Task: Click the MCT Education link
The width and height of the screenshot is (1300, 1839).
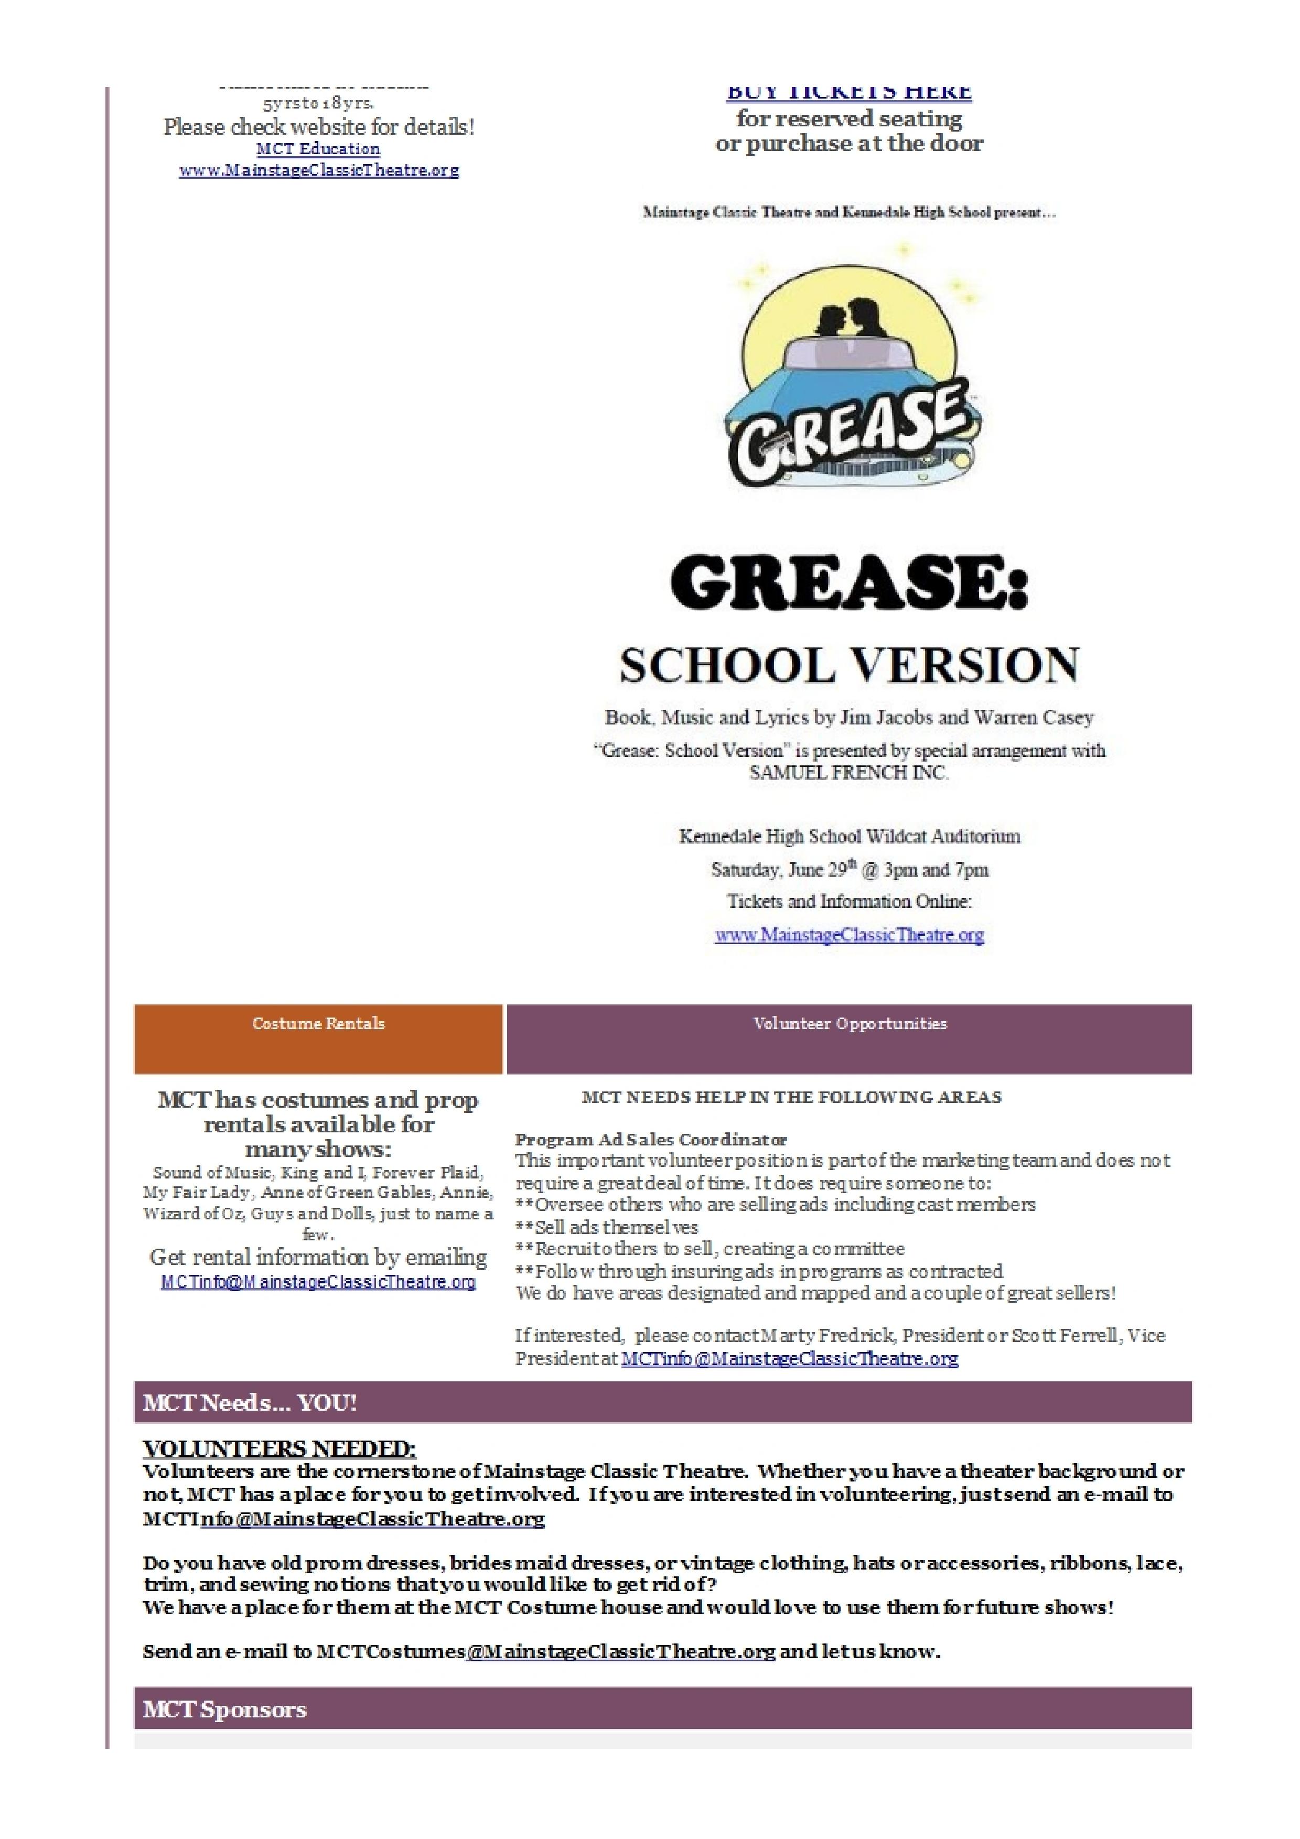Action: click(318, 149)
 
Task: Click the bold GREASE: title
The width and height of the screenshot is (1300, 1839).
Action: click(848, 582)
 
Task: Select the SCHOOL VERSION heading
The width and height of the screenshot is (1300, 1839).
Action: click(849, 666)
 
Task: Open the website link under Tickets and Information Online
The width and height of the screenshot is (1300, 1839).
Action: click(849, 935)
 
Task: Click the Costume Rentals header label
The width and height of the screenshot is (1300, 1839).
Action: click(318, 1024)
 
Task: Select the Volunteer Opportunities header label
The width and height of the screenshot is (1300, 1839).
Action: click(849, 1024)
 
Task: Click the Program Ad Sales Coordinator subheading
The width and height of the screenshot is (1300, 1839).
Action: click(650, 1139)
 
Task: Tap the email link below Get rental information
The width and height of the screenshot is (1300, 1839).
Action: click(318, 1282)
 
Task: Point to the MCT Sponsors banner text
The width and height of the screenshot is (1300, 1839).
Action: click(225, 1709)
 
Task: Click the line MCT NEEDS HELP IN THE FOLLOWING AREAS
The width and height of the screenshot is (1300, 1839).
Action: click(791, 1097)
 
